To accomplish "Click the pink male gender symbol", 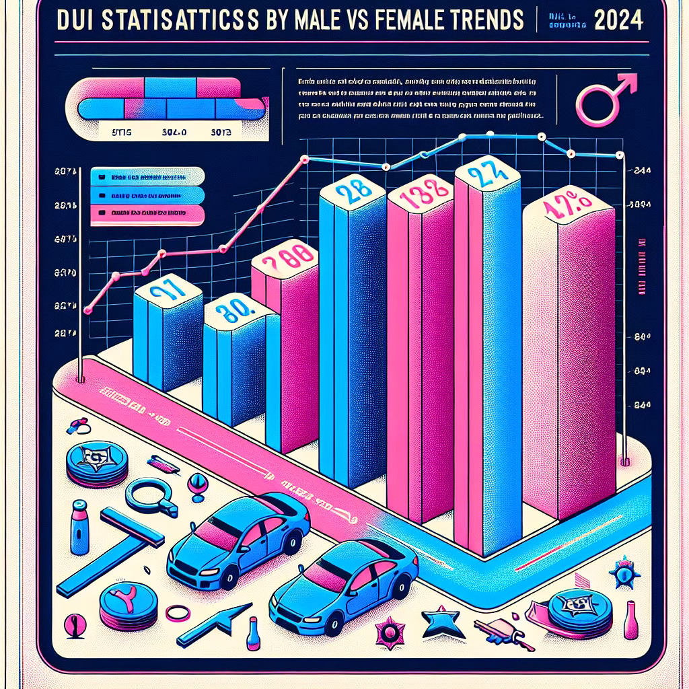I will [x=604, y=98].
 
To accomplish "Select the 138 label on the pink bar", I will [x=422, y=196].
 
